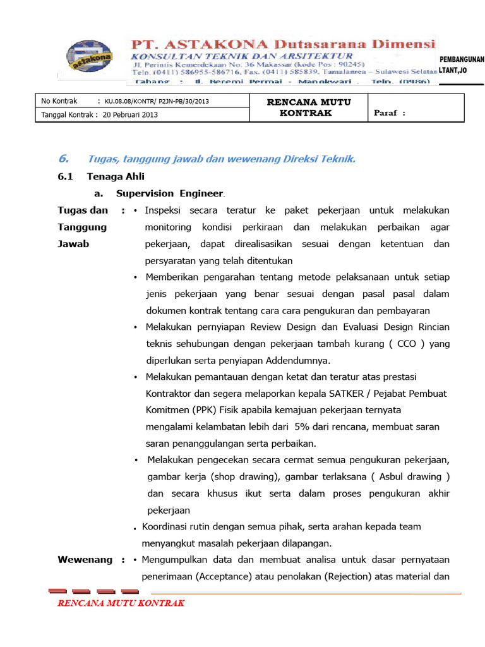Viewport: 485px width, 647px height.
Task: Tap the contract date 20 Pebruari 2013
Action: pyautogui.click(x=130, y=114)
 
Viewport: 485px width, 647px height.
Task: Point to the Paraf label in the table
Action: pyautogui.click(x=389, y=114)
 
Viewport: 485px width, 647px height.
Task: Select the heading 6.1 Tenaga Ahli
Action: pyautogui.click(x=101, y=177)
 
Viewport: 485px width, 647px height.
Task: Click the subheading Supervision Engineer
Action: pyautogui.click(x=169, y=193)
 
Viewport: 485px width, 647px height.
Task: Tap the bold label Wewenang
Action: pyautogui.click(x=85, y=559)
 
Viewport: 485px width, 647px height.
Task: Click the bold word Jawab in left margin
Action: pyautogui.click(x=73, y=244)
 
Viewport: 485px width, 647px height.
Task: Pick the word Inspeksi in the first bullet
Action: pyautogui.click(x=166, y=210)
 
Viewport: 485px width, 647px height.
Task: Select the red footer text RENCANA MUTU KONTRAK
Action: pyautogui.click(x=121, y=603)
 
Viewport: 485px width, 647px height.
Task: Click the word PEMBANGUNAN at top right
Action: pyautogui.click(x=462, y=60)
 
